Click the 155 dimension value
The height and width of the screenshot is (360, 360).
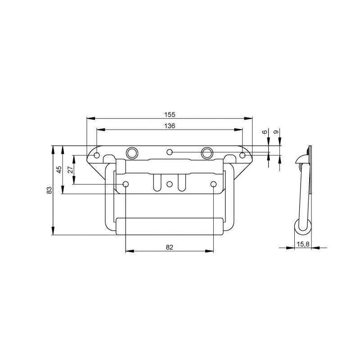pos(170,114)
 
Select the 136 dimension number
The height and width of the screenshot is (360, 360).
pos(170,126)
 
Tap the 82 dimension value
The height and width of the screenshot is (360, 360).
pos(170,247)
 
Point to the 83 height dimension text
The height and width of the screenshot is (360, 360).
pos(49,190)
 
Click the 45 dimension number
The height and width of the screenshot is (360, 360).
pos(59,170)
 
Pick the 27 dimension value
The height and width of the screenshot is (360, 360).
pos(71,170)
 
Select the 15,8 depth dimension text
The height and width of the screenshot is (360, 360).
pos(303,244)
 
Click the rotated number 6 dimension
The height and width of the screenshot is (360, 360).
pos(265,132)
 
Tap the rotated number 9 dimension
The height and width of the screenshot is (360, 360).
pos(276,132)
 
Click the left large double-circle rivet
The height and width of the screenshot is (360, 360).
pos(132,153)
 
